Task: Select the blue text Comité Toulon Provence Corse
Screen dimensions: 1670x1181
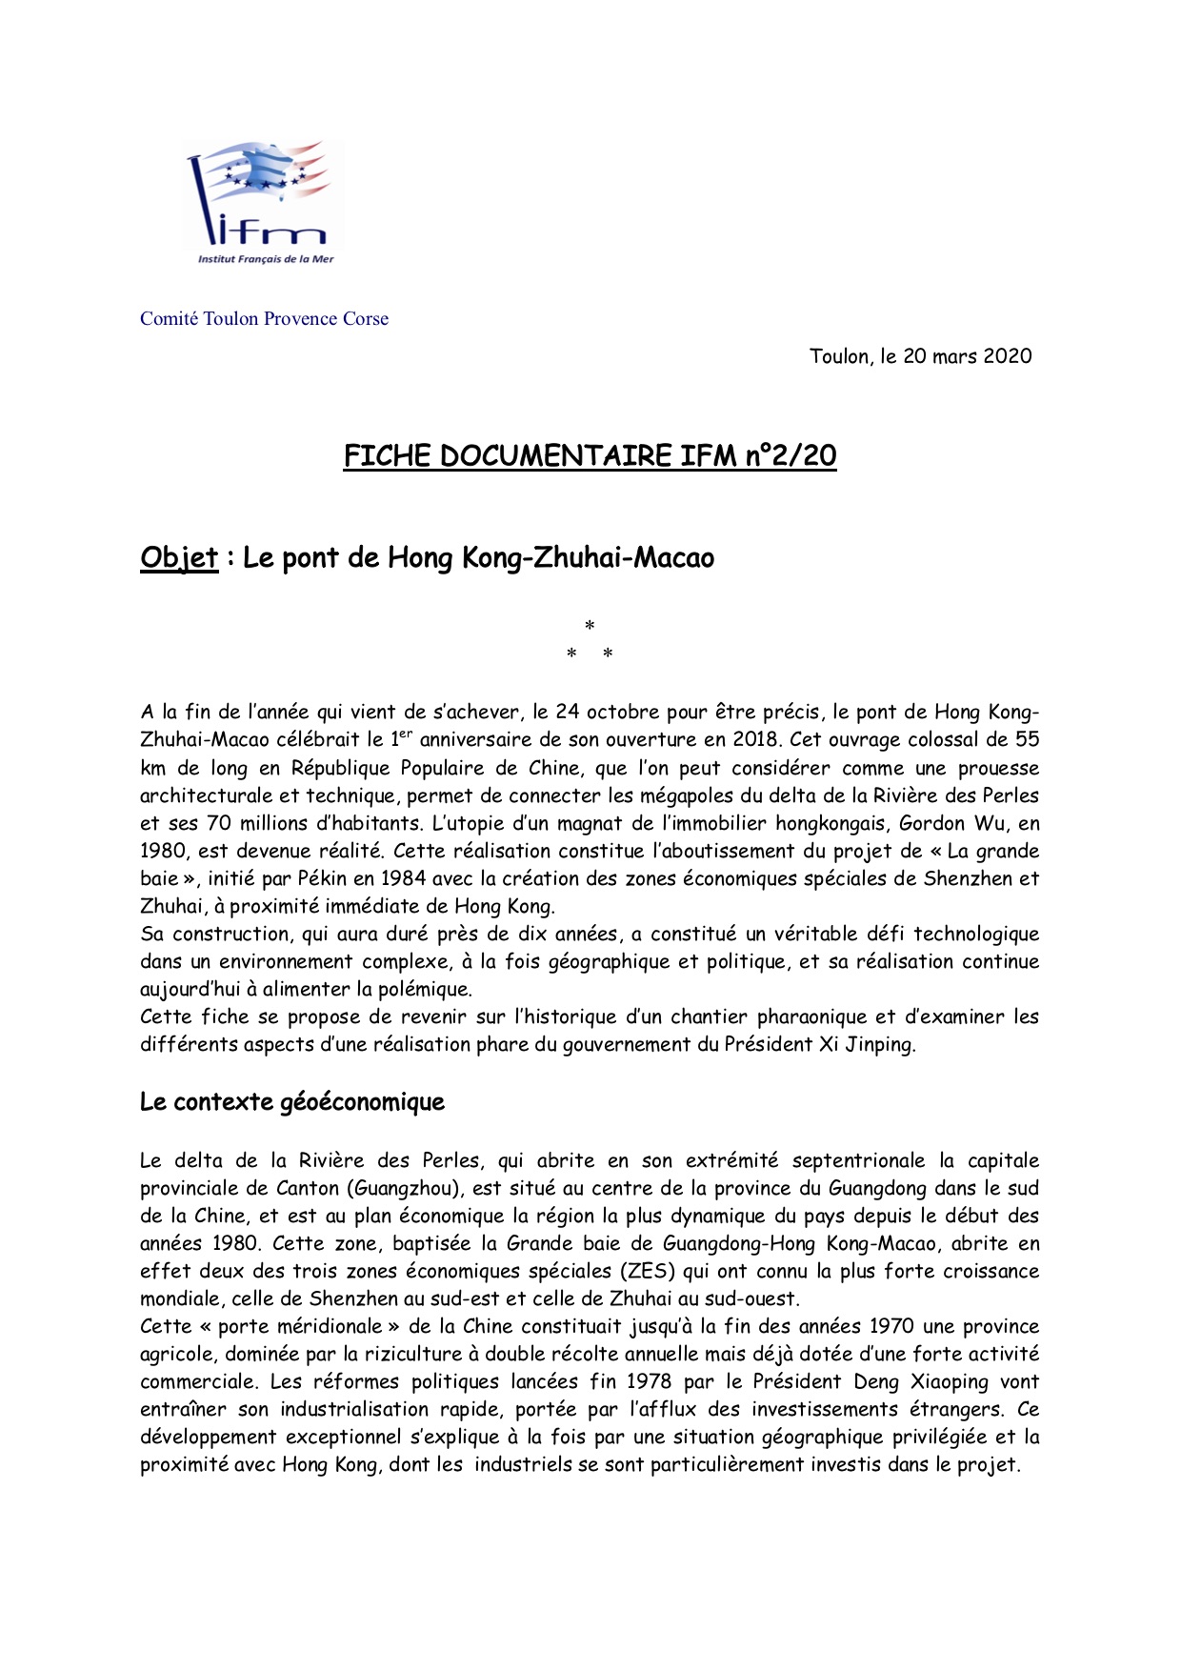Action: click(264, 319)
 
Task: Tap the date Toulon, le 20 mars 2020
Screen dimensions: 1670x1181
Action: click(920, 356)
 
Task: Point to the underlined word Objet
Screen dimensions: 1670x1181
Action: click(179, 557)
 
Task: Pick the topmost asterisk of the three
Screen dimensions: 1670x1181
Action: click(590, 626)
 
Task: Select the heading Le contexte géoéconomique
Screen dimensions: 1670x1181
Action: click(292, 1102)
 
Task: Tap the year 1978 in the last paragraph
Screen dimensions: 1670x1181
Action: click(649, 1381)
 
